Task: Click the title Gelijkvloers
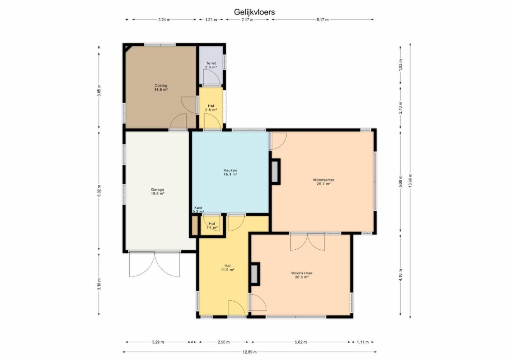click(254, 12)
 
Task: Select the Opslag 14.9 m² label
click(161, 87)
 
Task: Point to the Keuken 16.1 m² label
click(230, 173)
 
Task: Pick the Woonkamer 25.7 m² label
click(324, 182)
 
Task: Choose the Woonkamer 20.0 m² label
click(302, 275)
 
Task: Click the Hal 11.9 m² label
click(227, 268)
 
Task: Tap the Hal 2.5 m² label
click(211, 108)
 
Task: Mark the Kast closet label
click(198, 208)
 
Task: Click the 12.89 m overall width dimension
click(249, 352)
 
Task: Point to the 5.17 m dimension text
click(323, 20)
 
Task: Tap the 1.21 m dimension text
click(211, 20)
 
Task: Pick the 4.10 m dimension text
click(400, 275)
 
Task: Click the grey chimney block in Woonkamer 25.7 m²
click(275, 171)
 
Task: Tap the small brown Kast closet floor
click(195, 226)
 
